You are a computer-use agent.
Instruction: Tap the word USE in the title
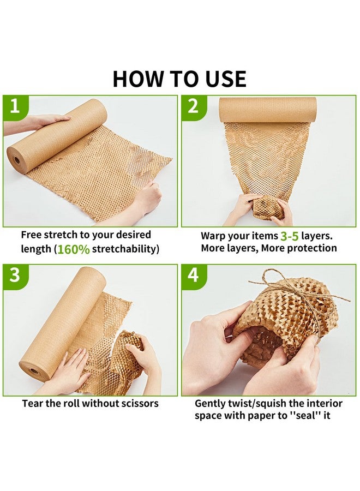tap(226, 79)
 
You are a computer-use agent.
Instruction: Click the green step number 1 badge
tap(15, 107)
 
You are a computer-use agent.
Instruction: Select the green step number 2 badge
tap(194, 107)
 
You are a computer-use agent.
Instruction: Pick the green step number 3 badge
tap(15, 276)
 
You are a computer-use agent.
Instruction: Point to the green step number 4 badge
tap(194, 276)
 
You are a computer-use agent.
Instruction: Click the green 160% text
tap(74, 249)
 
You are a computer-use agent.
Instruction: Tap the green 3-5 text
tap(290, 236)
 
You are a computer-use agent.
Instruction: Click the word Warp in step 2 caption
tap(213, 236)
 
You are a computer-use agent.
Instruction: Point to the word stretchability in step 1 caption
tap(126, 249)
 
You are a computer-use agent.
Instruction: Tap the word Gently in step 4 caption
tap(209, 404)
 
